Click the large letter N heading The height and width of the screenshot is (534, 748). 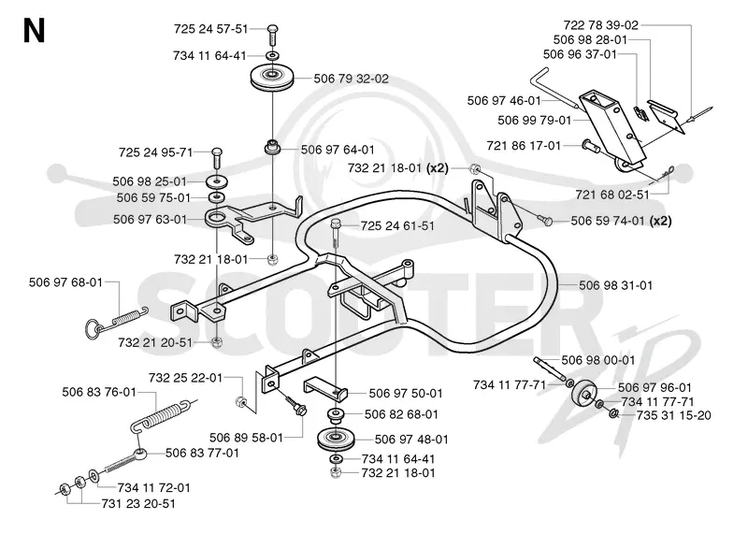34,31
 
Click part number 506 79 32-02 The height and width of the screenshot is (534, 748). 352,79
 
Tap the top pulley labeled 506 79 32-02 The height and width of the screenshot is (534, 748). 272,78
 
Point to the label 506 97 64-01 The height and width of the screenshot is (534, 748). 338,150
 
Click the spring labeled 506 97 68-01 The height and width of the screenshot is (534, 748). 117,321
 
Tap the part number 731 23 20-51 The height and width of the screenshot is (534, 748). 138,503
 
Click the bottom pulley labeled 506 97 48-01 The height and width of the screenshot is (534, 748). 335,439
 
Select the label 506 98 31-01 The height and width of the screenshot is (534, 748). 615,285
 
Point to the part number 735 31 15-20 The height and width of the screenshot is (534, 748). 673,415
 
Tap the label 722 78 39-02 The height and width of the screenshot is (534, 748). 600,25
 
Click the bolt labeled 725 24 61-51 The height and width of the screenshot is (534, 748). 336,234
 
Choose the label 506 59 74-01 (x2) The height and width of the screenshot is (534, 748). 621,221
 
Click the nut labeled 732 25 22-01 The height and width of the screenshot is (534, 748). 240,401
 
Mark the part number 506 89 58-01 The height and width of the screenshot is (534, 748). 246,438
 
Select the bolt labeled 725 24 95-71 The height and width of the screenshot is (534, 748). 217,157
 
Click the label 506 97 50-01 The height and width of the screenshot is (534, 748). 406,394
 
